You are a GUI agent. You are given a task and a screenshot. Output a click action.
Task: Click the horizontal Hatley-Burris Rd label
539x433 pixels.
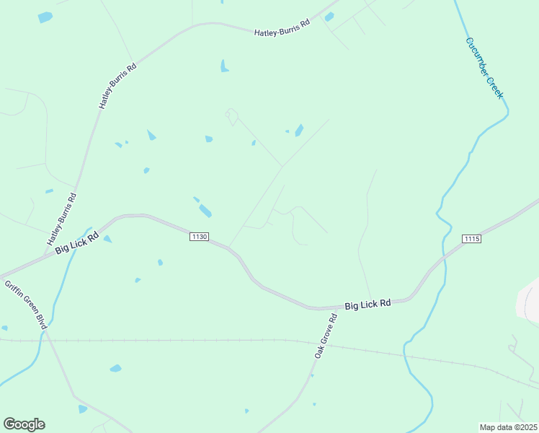pos(282,27)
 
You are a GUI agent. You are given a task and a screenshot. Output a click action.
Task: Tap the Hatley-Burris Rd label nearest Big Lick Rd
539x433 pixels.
pos(62,218)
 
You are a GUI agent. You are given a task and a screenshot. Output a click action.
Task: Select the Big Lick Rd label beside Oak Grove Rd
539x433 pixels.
pos(367,305)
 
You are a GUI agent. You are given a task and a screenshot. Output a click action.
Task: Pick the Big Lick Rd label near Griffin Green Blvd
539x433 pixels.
pos(77,242)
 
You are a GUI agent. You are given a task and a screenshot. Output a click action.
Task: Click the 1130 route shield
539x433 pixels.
pos(200,237)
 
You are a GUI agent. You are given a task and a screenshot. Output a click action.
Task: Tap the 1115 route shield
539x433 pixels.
pos(471,239)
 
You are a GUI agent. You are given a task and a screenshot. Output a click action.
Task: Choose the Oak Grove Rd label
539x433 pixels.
pos(326,336)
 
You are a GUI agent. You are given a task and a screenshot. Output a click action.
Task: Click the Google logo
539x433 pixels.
pos(24,424)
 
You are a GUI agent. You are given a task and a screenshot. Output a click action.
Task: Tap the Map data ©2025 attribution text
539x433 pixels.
pos(507,427)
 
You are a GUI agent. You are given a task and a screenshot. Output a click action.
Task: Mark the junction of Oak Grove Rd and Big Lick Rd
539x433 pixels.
pos(339,307)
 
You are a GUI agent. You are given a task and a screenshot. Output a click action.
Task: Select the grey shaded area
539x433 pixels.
pos(530,299)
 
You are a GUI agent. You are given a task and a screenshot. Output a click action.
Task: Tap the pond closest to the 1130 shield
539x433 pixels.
pos(205,211)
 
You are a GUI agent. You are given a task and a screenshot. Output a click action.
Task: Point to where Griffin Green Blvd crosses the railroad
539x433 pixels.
pos(48,339)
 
